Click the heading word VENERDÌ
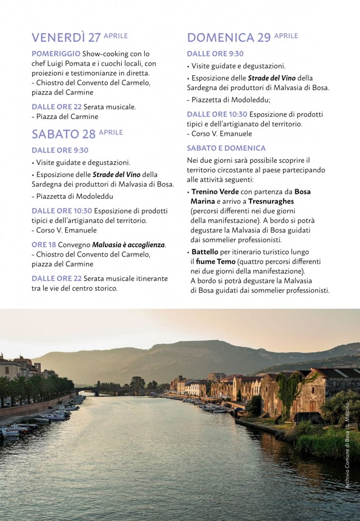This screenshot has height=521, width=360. click(x=58, y=38)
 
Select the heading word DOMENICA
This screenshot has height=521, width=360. click(x=220, y=38)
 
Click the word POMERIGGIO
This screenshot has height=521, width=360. click(x=56, y=53)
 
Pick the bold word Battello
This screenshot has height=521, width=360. click(x=205, y=252)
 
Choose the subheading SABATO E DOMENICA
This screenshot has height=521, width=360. click(x=226, y=148)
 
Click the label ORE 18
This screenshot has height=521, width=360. click(x=44, y=245)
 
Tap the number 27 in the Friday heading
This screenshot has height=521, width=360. click(x=94, y=38)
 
